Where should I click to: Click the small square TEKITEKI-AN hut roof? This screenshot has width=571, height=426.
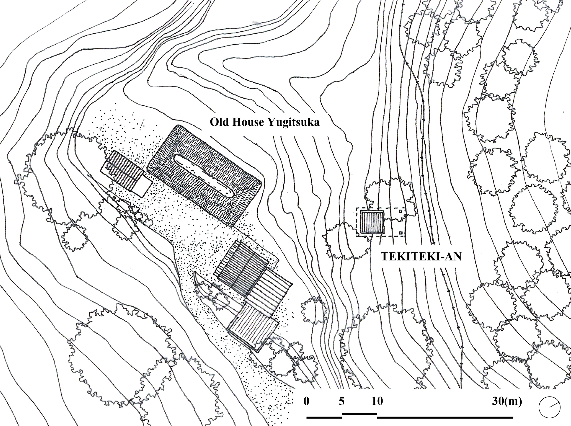(372, 222)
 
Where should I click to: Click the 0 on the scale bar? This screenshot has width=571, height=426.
(306, 401)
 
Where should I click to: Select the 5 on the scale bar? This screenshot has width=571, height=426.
(342, 401)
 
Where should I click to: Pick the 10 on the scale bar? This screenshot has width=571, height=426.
(377, 401)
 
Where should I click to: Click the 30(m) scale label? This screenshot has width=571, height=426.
(507, 401)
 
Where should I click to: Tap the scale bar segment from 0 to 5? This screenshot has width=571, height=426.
(324, 418)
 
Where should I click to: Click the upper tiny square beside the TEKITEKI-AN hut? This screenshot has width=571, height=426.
(401, 212)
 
